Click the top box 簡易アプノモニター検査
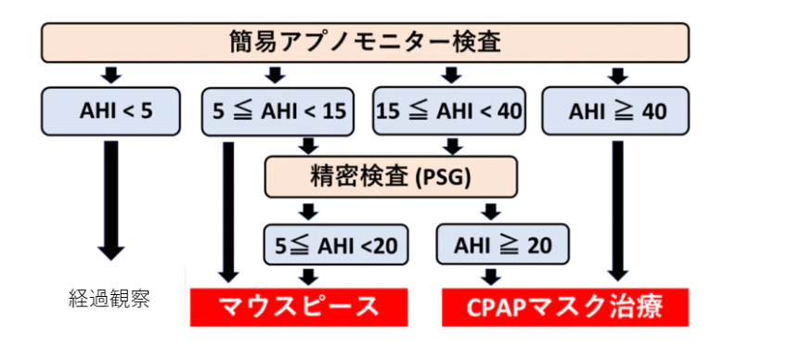365,43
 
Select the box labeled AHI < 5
110,111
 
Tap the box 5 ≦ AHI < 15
278,111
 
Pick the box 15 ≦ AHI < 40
449,111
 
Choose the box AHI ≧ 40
615,111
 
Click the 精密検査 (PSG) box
391,176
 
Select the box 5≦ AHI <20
336,245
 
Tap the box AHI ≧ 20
502,245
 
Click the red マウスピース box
299,307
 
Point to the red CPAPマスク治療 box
565,307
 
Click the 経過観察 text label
109,300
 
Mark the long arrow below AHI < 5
111,199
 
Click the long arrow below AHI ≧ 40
617,211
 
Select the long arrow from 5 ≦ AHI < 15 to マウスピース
228,212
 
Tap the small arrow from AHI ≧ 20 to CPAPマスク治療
492,276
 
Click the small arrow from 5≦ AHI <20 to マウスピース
308,276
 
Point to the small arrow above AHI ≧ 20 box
492,212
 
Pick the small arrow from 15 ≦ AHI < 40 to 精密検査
452,147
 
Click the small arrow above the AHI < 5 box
111,75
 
